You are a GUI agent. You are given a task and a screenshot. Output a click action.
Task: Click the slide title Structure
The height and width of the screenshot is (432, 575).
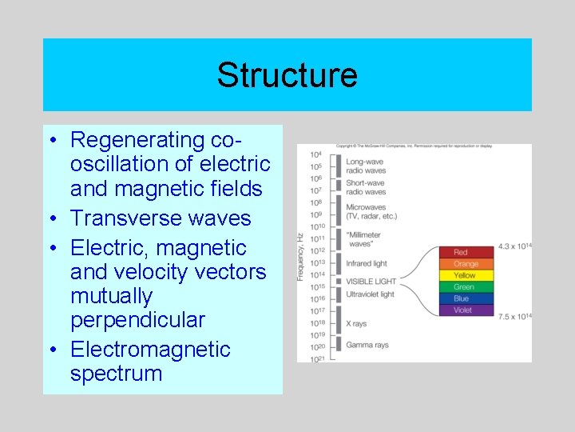point(287,75)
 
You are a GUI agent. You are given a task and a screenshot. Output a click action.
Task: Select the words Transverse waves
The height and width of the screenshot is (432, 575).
point(161,218)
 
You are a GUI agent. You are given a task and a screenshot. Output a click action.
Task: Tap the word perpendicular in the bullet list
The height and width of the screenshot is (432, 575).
point(137,320)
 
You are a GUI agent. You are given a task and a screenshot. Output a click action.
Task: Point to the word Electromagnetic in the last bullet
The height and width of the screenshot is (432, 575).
point(150,350)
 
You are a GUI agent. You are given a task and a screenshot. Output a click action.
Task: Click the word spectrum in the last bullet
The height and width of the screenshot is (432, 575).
point(116,374)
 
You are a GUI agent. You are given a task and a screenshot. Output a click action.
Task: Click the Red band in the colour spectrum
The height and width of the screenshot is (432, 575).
point(466,253)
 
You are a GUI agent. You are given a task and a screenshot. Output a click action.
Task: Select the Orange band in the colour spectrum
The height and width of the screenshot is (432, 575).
point(466,264)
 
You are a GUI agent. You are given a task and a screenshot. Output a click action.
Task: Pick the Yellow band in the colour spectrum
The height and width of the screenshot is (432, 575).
point(466,275)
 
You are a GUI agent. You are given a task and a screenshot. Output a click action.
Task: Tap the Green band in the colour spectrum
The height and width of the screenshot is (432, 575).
point(466,287)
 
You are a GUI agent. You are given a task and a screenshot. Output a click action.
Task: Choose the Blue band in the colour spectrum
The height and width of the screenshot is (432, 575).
point(466,298)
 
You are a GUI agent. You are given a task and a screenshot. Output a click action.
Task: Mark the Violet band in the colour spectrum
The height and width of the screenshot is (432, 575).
point(466,310)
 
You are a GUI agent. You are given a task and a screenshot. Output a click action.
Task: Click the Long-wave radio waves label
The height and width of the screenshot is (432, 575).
point(366,166)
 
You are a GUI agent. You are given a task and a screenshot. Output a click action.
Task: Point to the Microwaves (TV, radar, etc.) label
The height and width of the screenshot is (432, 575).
point(371,212)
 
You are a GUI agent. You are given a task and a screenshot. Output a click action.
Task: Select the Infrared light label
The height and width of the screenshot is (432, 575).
point(366,263)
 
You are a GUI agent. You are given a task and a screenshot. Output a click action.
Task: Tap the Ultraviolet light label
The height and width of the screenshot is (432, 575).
point(370,294)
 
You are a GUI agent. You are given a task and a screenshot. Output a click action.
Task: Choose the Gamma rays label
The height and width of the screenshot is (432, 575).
point(367,345)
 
